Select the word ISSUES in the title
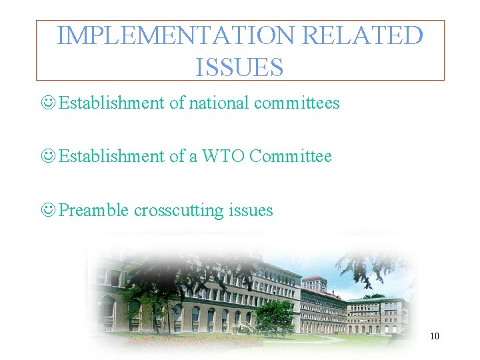point(240,67)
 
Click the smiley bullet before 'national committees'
point(48,103)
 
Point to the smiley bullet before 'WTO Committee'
point(48,157)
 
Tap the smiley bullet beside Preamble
point(48,211)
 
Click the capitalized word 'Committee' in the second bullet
point(291,157)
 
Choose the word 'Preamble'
point(94,211)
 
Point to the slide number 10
point(434,336)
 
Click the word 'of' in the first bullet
point(177,103)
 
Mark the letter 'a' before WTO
point(193,157)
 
